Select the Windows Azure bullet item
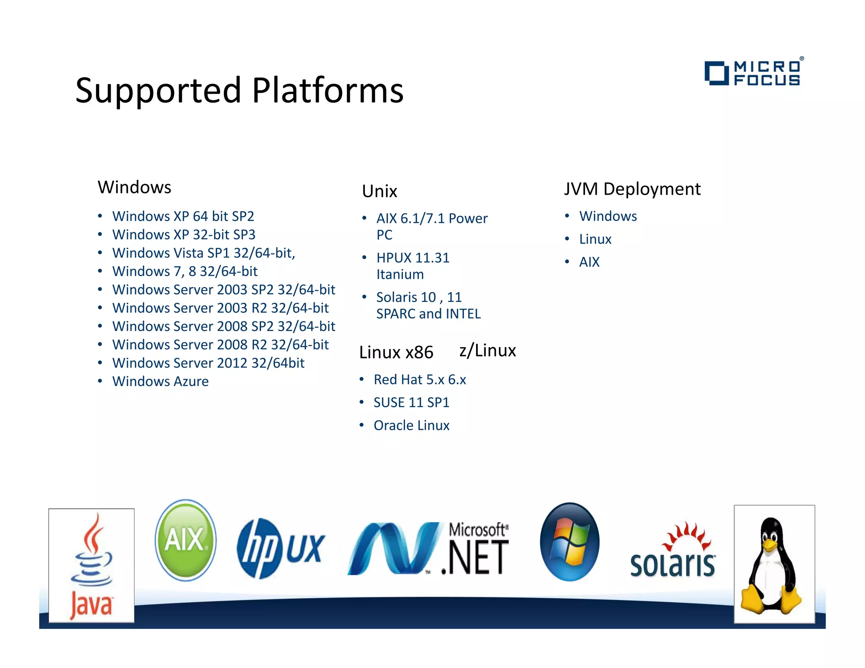tap(160, 381)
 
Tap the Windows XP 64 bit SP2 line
tap(183, 216)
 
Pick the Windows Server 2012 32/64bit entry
tap(208, 363)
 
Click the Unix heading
tap(379, 191)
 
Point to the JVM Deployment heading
tap(632, 189)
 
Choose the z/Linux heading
tap(487, 350)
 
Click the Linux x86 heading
tap(396, 352)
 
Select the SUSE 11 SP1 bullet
tap(411, 402)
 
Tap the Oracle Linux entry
tap(411, 425)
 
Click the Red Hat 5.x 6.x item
tap(419, 380)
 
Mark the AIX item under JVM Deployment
tap(589, 262)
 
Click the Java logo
tap(92, 566)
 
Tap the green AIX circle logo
tap(185, 540)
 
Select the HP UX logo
tap(280, 548)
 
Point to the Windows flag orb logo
tap(569, 542)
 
